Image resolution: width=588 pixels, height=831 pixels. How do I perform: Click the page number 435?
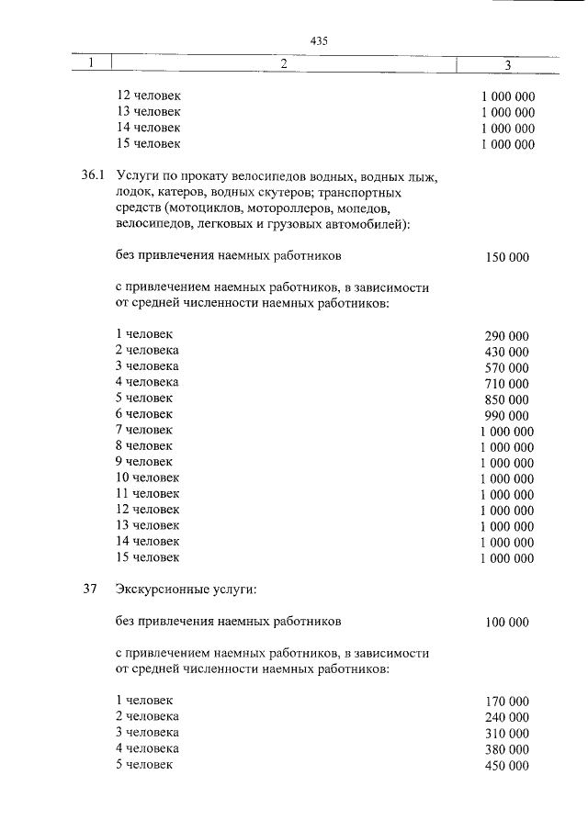coord(319,41)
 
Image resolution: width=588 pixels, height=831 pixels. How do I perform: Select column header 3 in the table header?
coord(508,63)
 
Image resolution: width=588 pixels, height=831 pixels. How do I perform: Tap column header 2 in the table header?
coord(283,63)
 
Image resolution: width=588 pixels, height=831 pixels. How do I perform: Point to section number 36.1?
coord(94,176)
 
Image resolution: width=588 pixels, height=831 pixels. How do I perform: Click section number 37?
coord(90,590)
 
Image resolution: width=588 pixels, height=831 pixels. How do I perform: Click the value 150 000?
coord(507,258)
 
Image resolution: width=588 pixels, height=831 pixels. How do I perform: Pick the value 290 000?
coord(507,336)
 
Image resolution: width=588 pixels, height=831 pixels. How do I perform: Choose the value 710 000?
coord(507,384)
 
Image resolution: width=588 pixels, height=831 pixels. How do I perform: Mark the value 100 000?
coord(507,623)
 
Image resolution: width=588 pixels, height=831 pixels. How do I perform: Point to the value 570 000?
coord(507,368)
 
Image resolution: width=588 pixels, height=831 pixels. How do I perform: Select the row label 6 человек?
coord(144,414)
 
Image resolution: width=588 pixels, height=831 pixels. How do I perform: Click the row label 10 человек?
coord(148,477)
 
